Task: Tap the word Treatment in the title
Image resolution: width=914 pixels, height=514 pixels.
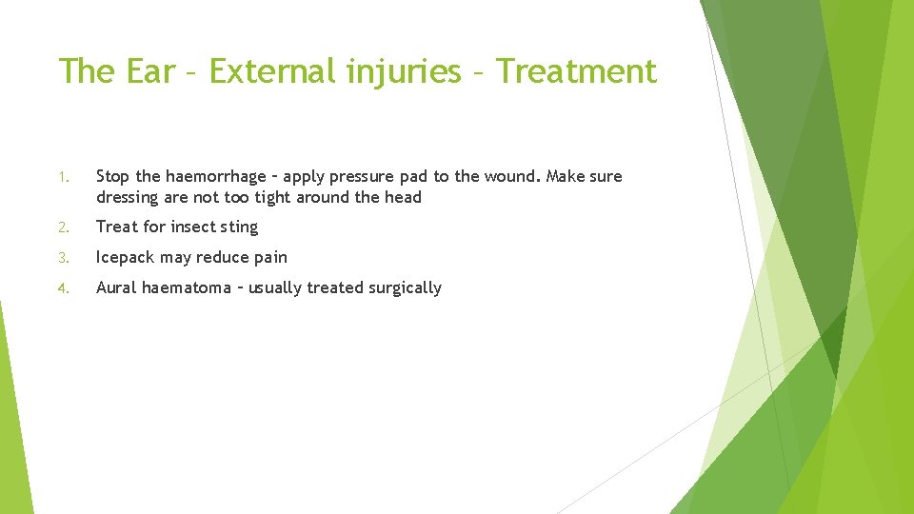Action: [x=577, y=71]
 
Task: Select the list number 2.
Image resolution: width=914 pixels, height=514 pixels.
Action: [x=63, y=227]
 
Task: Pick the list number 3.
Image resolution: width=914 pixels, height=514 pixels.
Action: [x=63, y=258]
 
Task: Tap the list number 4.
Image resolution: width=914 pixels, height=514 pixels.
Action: [x=63, y=288]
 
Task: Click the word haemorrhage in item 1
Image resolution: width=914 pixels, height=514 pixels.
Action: [x=215, y=177]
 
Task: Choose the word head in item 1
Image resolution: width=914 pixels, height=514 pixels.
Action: [x=403, y=198]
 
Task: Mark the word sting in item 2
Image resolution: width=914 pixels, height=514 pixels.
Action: [x=239, y=227]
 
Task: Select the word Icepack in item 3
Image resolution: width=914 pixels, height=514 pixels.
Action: [x=128, y=258]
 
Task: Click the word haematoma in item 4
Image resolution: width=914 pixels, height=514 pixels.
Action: [x=186, y=288]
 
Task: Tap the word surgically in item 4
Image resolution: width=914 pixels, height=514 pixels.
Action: [x=404, y=288]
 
